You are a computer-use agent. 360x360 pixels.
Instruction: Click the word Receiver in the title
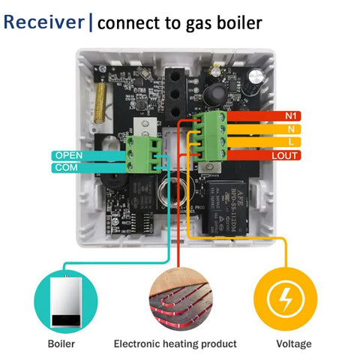point(44,22)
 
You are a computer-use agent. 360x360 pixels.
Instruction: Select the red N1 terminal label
point(291,116)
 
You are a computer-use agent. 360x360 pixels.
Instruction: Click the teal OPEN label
point(67,155)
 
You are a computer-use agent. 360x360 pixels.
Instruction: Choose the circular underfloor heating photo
point(180,301)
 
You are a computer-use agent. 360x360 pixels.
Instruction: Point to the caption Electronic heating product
point(175,343)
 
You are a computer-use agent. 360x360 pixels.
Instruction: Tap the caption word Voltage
point(293,343)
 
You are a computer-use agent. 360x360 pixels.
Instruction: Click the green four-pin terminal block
point(213,136)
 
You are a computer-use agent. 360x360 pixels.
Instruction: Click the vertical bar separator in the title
point(91,22)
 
